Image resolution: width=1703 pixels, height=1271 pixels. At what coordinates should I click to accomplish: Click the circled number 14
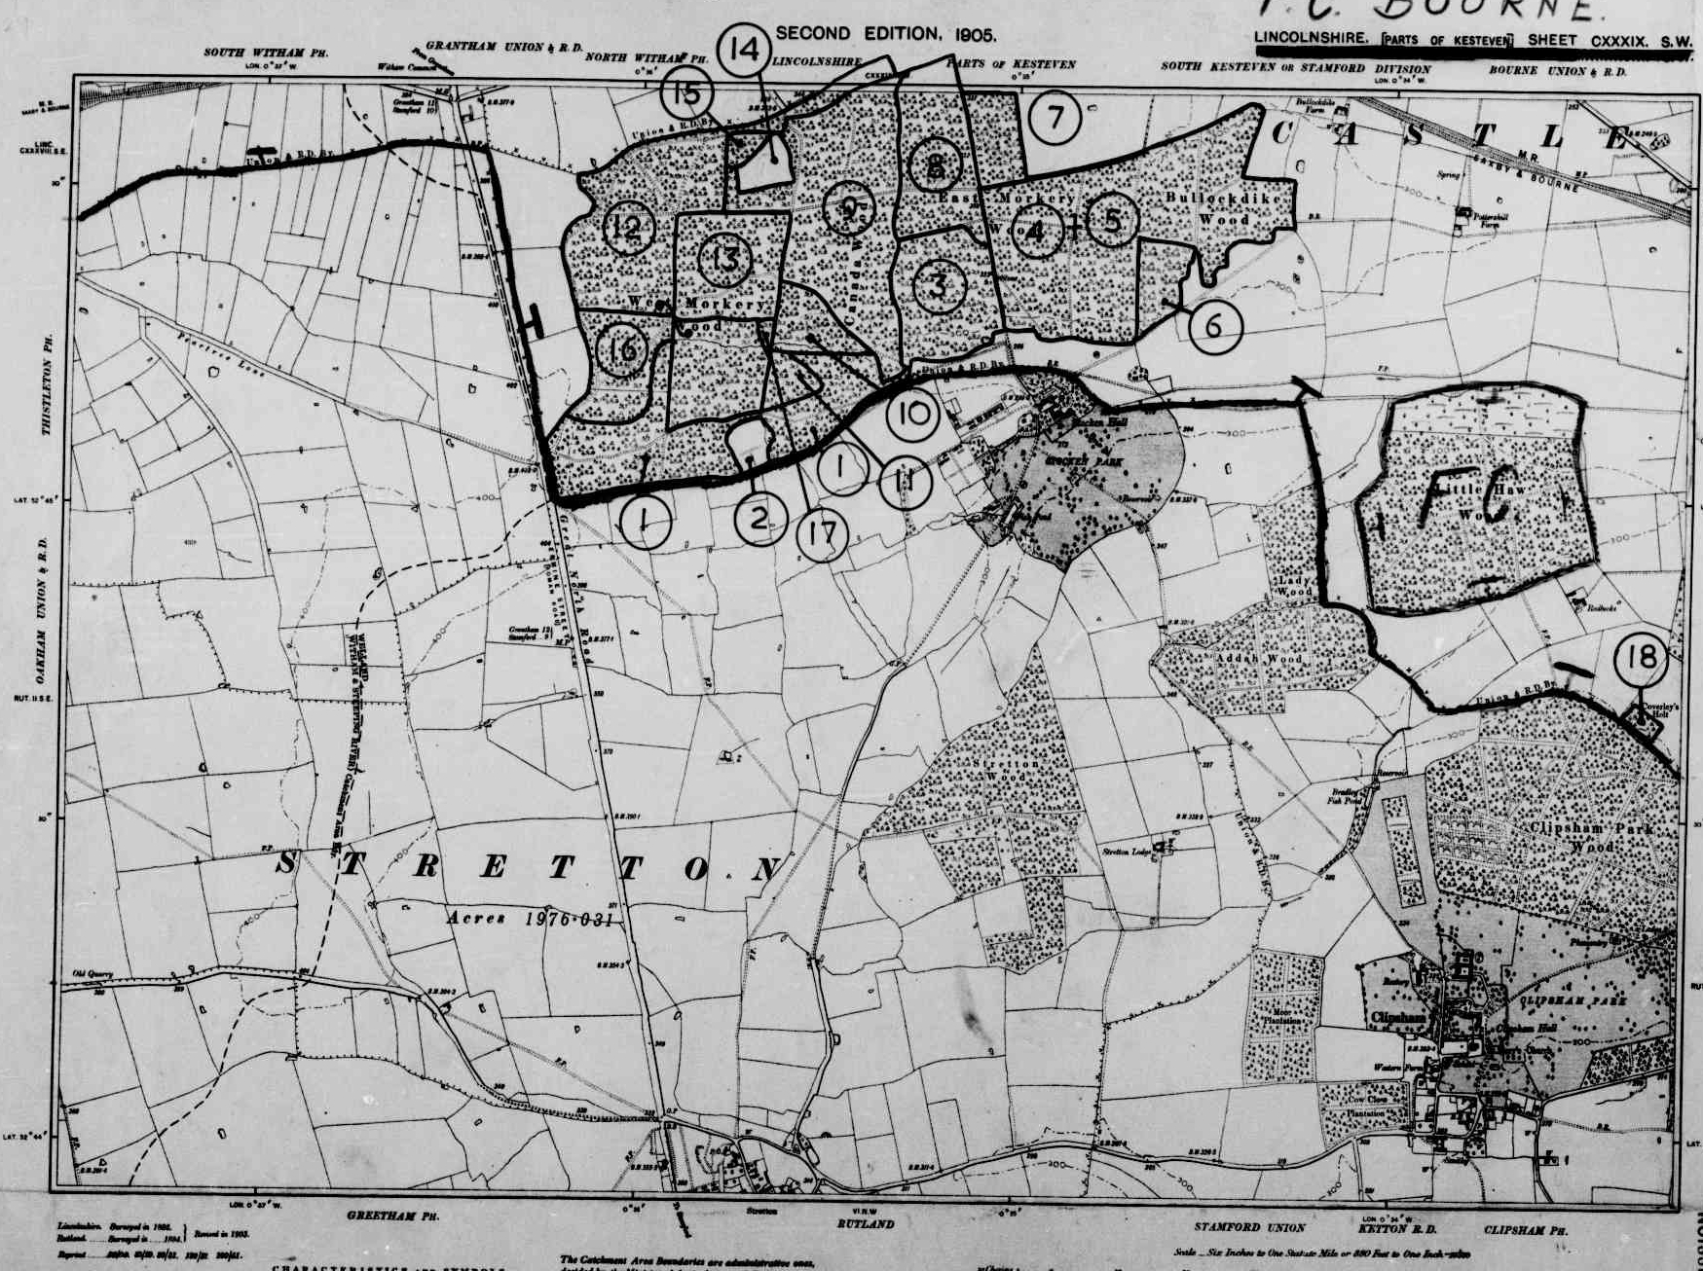(x=745, y=49)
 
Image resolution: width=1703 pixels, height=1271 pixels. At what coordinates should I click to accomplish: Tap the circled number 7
(x=1055, y=118)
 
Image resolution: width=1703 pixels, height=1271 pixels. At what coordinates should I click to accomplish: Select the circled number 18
(x=1642, y=659)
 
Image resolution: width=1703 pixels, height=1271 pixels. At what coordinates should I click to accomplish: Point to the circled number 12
(x=628, y=229)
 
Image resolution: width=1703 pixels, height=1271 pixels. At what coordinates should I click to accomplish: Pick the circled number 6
(x=1214, y=326)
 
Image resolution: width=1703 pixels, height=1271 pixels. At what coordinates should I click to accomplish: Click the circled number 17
(x=822, y=535)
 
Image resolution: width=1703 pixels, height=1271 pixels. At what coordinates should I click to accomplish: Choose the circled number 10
(x=913, y=415)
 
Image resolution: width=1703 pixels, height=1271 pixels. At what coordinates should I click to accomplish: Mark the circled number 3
(x=939, y=285)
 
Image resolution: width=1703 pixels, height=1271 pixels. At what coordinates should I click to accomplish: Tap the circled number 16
(x=622, y=350)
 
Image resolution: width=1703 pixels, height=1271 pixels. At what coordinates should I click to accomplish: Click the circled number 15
(x=687, y=94)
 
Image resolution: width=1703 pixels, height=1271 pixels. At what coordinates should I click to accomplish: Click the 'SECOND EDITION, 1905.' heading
(x=885, y=34)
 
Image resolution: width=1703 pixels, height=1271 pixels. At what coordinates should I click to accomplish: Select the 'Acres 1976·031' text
(x=530, y=918)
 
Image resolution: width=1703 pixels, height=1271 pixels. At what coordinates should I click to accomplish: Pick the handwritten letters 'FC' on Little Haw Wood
(x=1461, y=506)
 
